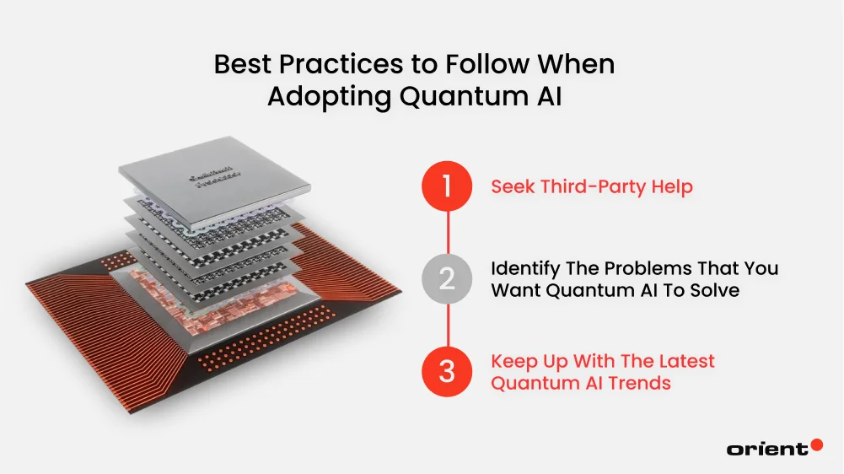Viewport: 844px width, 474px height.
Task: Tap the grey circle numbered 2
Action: coord(447,279)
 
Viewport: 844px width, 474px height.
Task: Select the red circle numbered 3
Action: coord(447,371)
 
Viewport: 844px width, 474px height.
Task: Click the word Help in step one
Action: coord(671,186)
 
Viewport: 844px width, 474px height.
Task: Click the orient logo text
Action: coord(766,449)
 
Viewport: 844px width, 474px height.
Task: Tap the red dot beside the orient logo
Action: coord(815,444)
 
